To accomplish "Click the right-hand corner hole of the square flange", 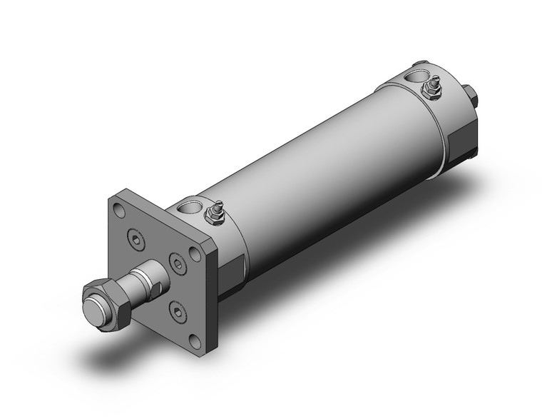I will click(x=196, y=252).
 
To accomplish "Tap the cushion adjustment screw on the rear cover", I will click(x=431, y=89).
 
